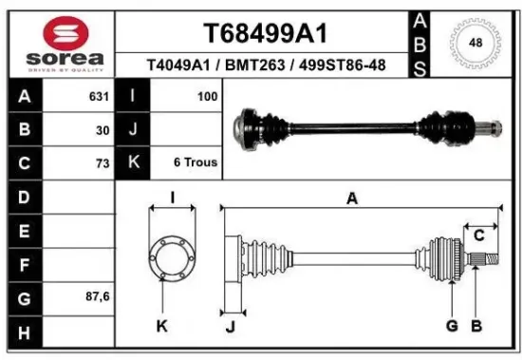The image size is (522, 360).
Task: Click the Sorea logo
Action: tap(65, 44)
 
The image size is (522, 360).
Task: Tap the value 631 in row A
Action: tap(97, 96)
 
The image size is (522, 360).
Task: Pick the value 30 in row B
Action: tap(103, 129)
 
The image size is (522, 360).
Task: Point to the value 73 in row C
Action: tap(103, 162)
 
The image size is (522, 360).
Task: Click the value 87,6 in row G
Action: tap(97, 296)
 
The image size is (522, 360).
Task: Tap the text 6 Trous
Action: tap(196, 162)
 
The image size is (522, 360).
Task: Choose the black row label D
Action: tap(24, 197)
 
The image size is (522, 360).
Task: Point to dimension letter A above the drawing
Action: tap(352, 199)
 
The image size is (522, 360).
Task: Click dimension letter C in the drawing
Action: tap(479, 235)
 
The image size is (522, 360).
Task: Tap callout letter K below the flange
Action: tap(161, 328)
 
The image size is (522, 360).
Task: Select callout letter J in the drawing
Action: tap(230, 328)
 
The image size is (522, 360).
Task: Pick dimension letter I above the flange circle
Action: tap(172, 199)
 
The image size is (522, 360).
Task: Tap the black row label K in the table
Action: tap(133, 162)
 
